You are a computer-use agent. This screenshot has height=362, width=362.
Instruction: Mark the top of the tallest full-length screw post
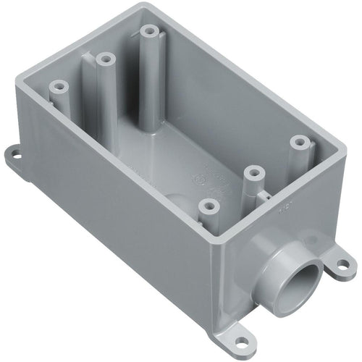148,32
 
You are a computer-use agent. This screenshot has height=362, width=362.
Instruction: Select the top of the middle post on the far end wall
104,58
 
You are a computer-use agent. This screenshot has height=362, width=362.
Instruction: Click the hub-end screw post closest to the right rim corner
298,141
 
